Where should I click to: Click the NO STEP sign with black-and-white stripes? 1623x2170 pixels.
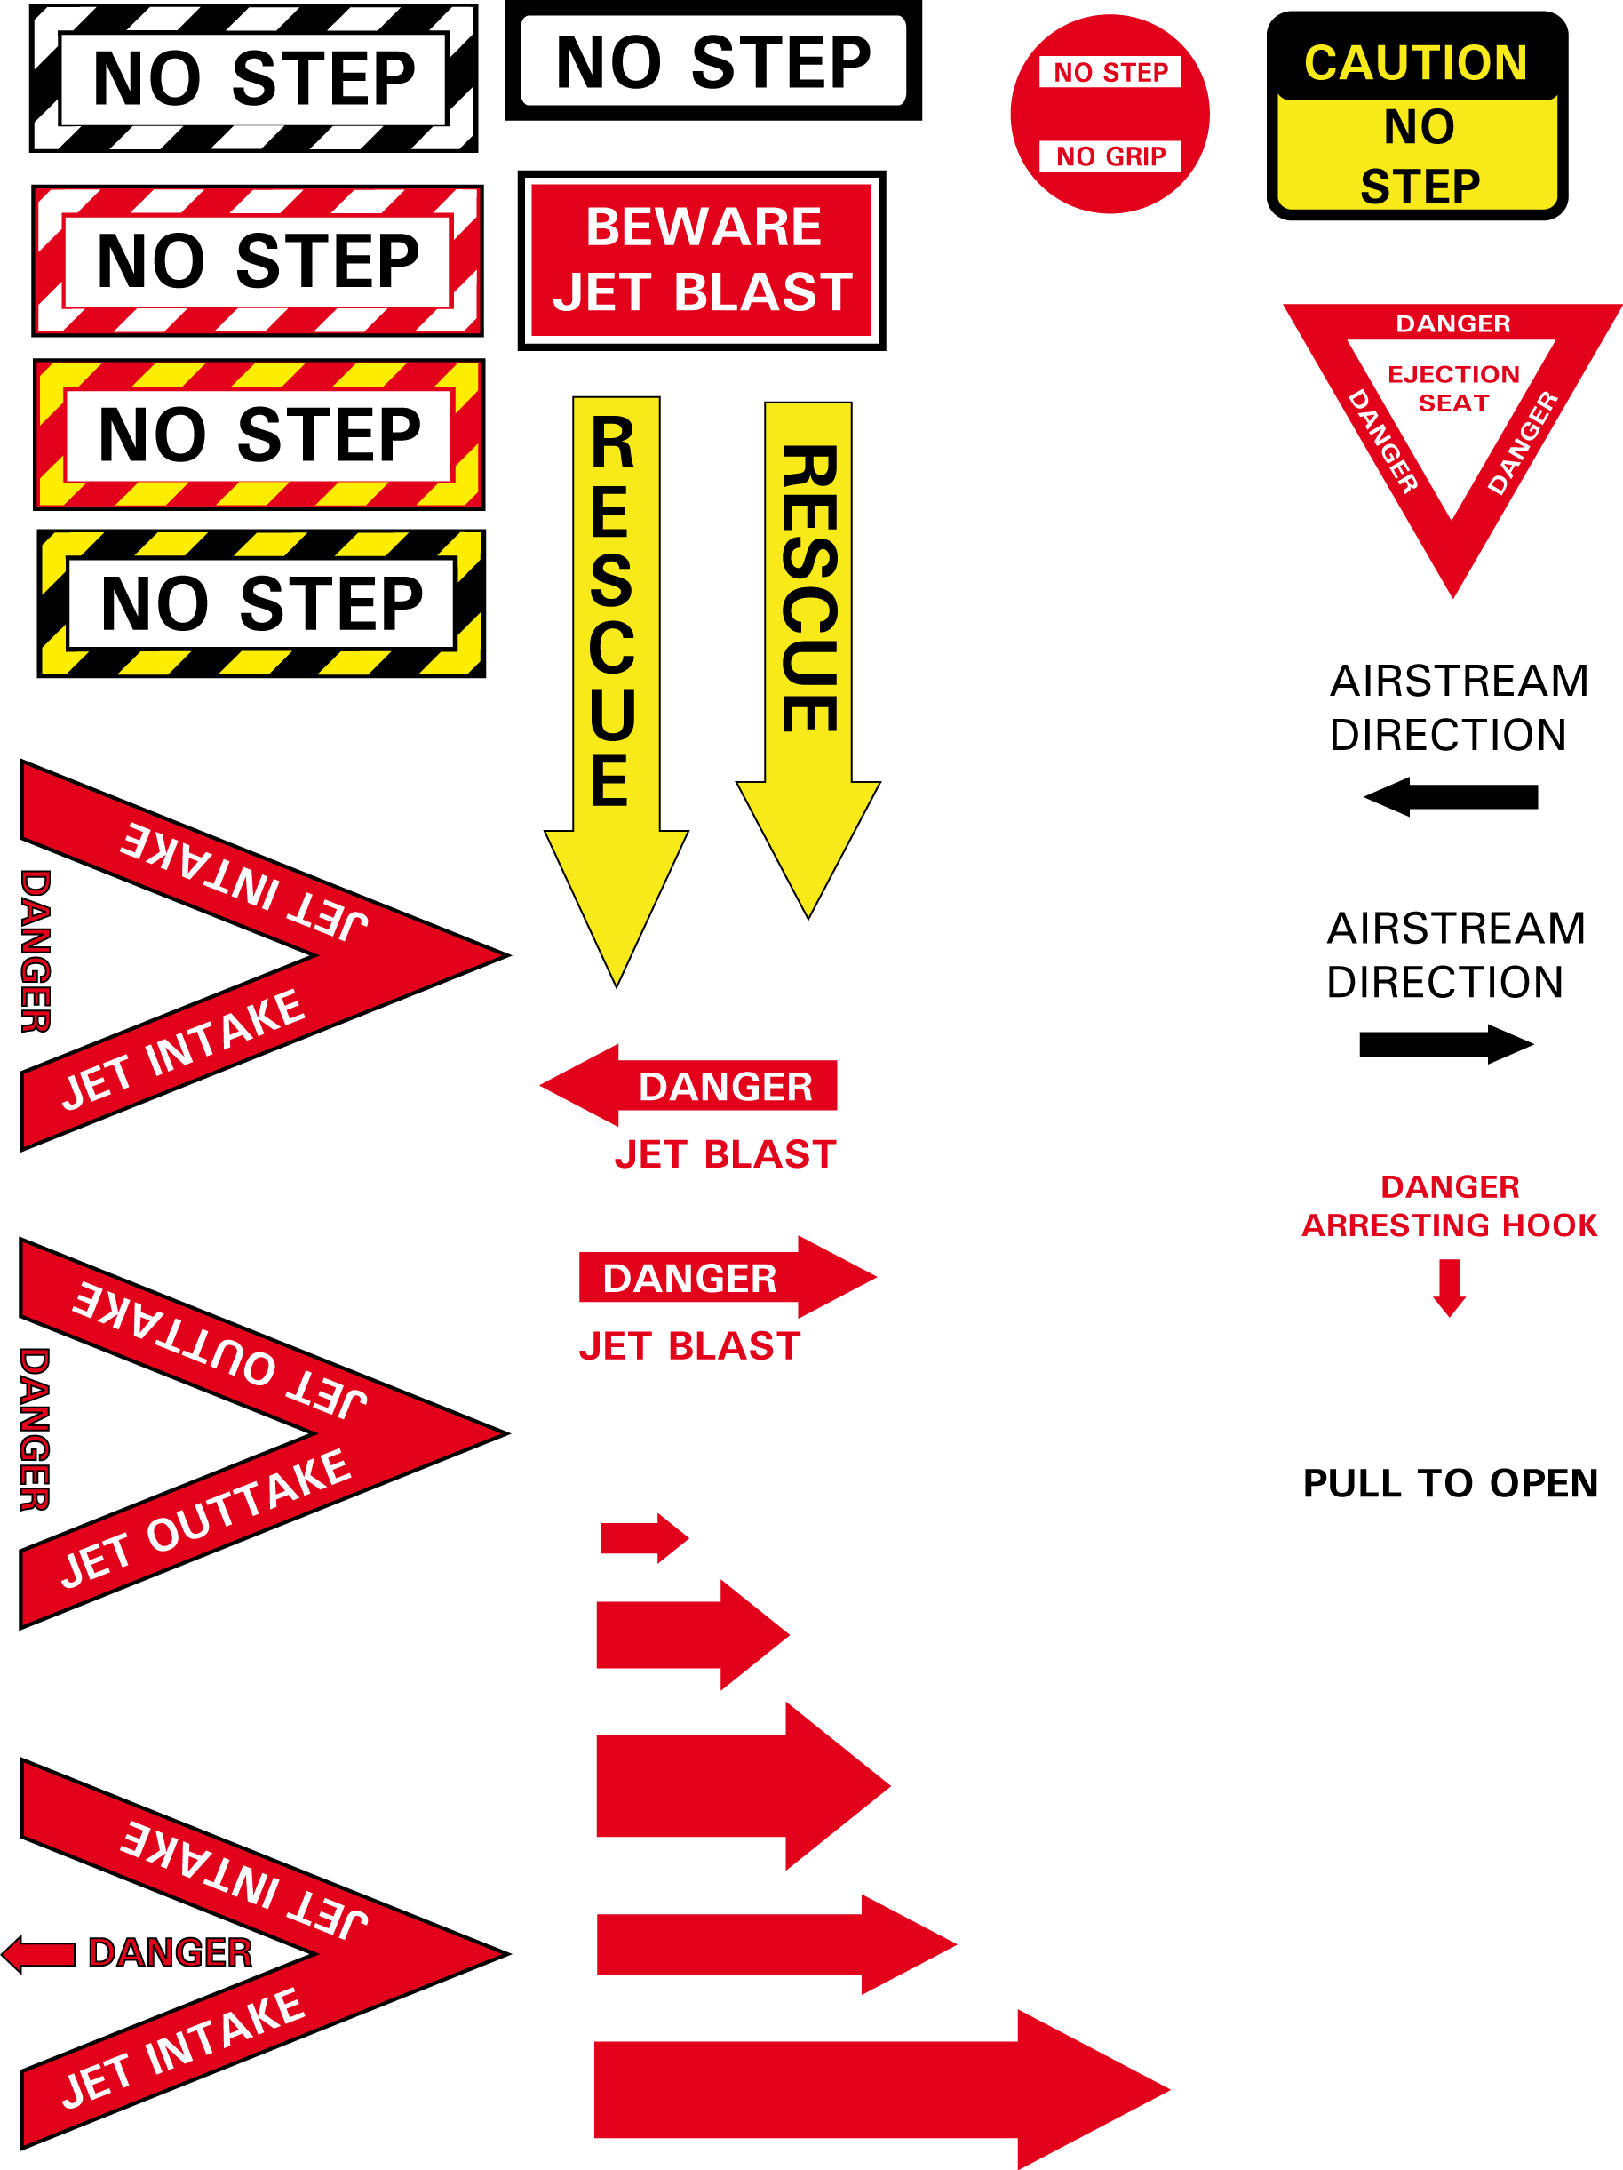coord(253,78)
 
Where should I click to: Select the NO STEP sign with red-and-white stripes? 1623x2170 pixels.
coord(257,261)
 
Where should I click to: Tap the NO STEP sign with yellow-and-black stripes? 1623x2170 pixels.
coord(261,603)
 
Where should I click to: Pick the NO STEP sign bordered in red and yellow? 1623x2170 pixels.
coord(259,435)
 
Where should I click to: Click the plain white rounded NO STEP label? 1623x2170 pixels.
coord(713,60)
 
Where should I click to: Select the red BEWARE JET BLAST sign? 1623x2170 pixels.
coord(701,263)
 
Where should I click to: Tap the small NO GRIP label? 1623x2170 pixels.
coord(1110,156)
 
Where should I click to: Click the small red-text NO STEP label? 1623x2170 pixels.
coord(1110,72)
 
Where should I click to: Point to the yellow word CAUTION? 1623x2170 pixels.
coord(1415,64)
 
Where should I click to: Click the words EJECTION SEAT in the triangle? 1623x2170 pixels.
coord(1453,388)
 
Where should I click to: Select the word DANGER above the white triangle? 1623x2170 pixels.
coord(1453,323)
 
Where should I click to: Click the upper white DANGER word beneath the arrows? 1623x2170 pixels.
coord(726,1087)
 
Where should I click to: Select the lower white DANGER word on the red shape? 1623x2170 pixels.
coord(689,1278)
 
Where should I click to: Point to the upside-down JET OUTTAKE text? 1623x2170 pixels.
coord(220,1351)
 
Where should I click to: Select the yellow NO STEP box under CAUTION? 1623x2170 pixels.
coord(1418,155)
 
